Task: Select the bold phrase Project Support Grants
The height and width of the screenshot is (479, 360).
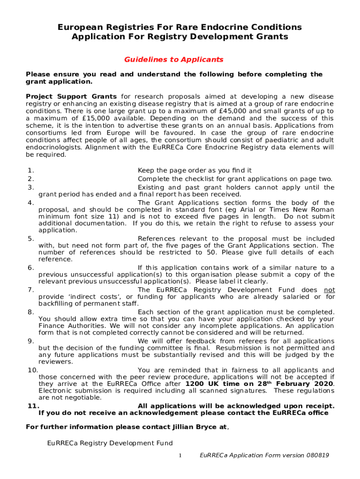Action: (71, 96)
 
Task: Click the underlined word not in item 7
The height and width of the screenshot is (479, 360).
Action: (330, 290)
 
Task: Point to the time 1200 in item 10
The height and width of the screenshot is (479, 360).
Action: (194, 384)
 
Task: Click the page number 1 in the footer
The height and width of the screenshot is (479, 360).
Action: (180, 456)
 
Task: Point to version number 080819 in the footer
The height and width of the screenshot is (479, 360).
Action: (315, 456)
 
